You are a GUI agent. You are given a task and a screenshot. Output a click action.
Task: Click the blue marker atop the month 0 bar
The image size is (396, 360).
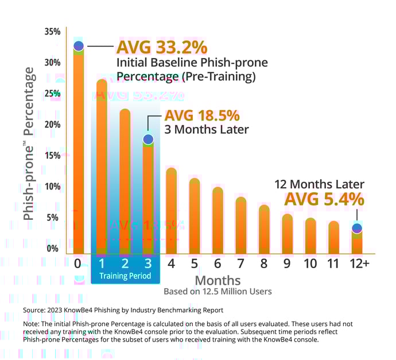[x=79, y=46]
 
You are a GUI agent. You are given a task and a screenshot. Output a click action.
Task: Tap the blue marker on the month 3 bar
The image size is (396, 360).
[x=148, y=139]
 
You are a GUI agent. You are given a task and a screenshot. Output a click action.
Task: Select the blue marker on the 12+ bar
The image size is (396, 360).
[x=357, y=229]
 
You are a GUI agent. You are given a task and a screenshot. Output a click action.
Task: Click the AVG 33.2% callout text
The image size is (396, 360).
[x=162, y=47]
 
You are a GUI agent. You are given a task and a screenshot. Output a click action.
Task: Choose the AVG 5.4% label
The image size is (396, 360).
[x=324, y=199]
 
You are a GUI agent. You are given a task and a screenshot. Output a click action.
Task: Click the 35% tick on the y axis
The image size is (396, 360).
[x=52, y=32]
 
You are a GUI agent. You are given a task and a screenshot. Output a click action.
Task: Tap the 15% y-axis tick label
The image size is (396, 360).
[x=52, y=156]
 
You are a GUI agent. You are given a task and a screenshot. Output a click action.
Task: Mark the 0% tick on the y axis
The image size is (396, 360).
[x=53, y=249]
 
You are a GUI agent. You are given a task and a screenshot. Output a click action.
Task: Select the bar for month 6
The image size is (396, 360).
[x=218, y=221]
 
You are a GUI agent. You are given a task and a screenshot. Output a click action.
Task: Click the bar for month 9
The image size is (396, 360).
[x=287, y=234]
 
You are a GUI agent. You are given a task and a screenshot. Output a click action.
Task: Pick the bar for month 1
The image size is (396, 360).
[x=102, y=167]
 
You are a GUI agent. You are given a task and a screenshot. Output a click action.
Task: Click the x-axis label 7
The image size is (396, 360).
[x=240, y=264]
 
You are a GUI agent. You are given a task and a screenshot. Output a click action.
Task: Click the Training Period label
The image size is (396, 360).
[x=125, y=276]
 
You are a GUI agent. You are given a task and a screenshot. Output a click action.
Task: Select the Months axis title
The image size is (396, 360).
[x=218, y=280]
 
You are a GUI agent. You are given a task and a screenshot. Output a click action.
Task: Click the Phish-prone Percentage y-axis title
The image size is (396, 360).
[x=29, y=144]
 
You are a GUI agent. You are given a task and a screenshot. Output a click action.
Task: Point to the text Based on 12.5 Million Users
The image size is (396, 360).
[x=218, y=291]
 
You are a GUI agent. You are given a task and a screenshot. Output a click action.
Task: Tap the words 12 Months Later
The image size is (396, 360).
[x=319, y=184]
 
